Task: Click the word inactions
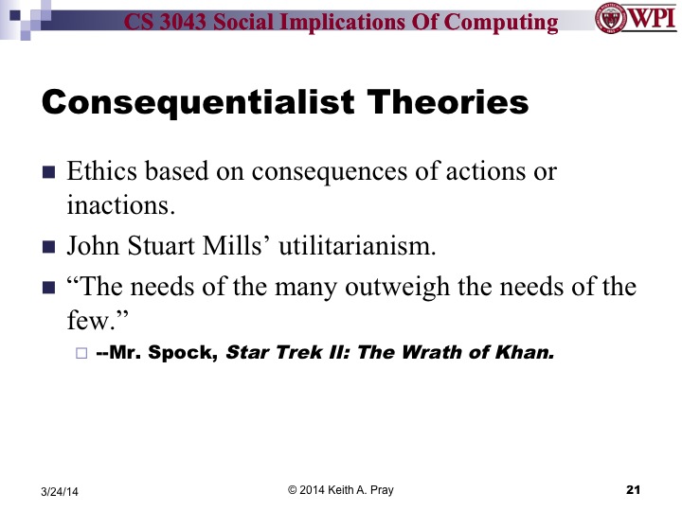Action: pyautogui.click(x=109, y=203)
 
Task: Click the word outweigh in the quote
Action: pyautogui.click(x=384, y=288)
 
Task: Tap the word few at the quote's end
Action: pyautogui.click(x=83, y=319)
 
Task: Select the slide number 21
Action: pyautogui.click(x=635, y=489)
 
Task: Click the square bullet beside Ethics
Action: pyautogui.click(x=49, y=173)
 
